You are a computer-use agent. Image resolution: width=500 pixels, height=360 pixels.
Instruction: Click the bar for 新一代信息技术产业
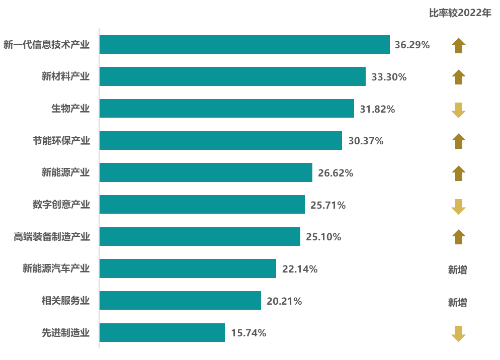tap(244, 44)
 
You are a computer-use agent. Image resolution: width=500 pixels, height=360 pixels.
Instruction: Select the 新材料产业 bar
tap(232, 76)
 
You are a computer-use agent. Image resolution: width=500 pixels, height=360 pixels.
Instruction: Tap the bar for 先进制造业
tap(162, 332)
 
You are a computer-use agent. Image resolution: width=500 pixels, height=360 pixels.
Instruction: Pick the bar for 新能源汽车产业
tap(188, 268)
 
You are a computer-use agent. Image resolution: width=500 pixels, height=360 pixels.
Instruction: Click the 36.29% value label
tap(412, 45)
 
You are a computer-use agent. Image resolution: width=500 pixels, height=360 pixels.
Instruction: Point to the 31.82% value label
tap(377, 109)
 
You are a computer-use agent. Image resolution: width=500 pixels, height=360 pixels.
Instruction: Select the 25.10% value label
tap(323, 237)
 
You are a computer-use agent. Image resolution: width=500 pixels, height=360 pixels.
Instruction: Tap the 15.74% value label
tap(248, 333)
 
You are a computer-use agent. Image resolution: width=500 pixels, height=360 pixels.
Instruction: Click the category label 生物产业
tap(70, 109)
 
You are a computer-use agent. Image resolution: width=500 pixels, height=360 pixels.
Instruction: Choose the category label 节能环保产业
tap(61, 141)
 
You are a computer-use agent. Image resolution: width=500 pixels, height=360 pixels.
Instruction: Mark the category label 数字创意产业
tap(61, 205)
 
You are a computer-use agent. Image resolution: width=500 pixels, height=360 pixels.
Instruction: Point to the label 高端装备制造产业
tap(52, 237)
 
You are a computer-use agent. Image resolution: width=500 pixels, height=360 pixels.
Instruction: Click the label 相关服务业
tap(66, 301)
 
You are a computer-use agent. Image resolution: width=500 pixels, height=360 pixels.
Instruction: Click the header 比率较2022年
tap(460, 13)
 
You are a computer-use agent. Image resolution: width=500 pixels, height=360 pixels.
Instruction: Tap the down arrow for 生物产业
tap(458, 110)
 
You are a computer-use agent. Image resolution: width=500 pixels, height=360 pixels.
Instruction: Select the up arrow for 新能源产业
tap(458, 173)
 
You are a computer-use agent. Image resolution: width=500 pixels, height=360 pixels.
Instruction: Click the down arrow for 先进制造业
tap(458, 333)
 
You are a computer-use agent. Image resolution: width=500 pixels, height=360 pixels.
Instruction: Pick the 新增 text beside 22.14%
tap(458, 270)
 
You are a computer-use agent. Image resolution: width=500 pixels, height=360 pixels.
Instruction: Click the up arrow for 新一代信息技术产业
tap(458, 45)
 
